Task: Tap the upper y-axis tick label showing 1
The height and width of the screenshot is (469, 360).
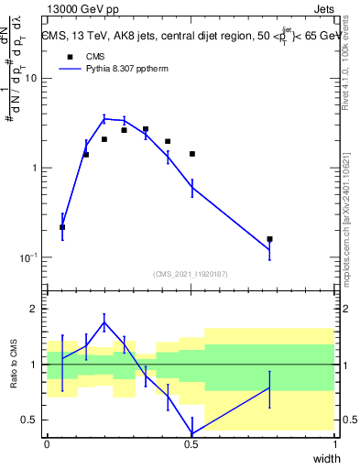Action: coord(36,168)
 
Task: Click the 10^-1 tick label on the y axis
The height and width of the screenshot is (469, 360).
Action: coord(28,257)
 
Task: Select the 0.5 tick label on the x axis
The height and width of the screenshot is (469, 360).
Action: coord(191,443)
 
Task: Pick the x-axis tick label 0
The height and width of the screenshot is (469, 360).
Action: coord(47,443)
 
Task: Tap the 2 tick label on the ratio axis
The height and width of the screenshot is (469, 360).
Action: coord(36,310)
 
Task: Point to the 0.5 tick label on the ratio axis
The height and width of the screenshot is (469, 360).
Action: coord(31,420)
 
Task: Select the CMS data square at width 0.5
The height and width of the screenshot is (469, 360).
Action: coord(191,154)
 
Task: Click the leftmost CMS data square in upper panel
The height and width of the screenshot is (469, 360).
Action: coord(62,226)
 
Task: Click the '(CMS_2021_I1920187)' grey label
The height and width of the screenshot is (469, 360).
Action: coord(191,273)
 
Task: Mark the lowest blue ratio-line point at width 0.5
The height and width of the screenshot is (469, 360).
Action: coord(191,433)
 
